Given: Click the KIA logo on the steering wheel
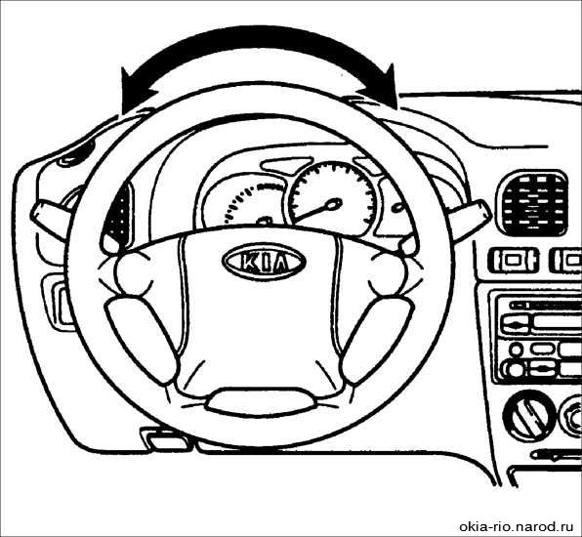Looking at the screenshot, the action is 264,261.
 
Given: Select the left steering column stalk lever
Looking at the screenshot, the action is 50,219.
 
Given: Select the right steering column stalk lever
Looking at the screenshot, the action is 471,219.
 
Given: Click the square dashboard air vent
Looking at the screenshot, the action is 532,203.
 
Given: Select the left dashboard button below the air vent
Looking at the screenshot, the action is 513,260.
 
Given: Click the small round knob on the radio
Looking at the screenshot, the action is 516,350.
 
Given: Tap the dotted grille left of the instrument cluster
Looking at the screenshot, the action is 118,215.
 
